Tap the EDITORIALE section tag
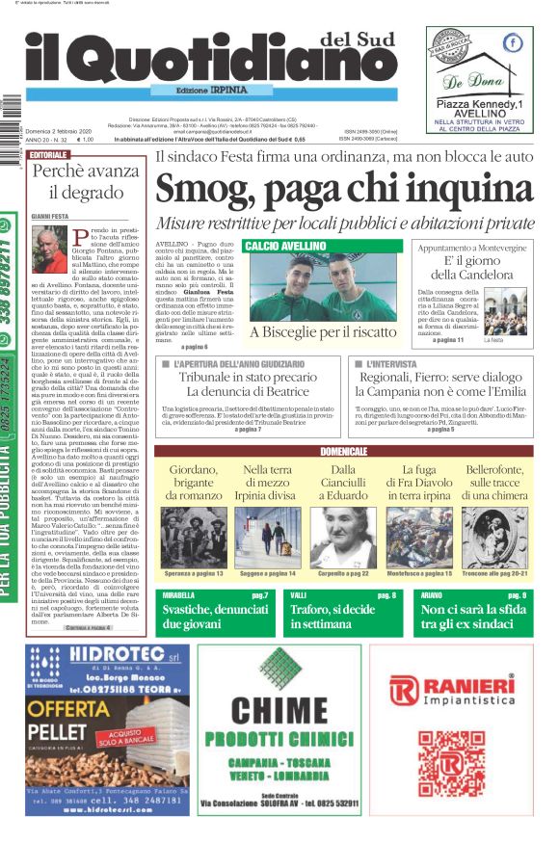coord(48,154)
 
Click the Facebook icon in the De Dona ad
coord(513,42)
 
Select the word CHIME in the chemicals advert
coord(279,711)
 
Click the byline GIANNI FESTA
coord(53,218)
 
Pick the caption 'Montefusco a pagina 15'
coord(417,573)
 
